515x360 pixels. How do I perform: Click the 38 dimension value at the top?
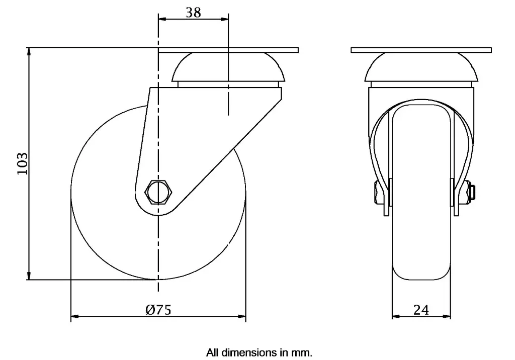[193, 12]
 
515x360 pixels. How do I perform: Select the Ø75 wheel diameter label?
[158, 310]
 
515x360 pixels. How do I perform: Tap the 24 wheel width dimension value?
[421, 310]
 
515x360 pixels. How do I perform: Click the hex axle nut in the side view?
[158, 192]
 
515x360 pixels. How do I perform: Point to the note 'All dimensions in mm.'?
[259, 352]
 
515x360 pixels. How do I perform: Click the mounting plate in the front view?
[421, 50]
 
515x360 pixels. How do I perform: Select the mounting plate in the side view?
[228, 50]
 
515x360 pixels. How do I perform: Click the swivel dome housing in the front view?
[421, 68]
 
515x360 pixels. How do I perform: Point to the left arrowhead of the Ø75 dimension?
[74, 317]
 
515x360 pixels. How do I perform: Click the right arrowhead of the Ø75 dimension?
[243, 317]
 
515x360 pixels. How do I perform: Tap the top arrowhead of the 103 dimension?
[29, 52]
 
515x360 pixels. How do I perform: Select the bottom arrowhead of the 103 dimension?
[29, 276]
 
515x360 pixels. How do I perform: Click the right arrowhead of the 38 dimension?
[225, 20]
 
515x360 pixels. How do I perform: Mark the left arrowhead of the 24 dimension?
[395, 317]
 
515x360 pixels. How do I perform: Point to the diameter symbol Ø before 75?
[149, 310]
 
